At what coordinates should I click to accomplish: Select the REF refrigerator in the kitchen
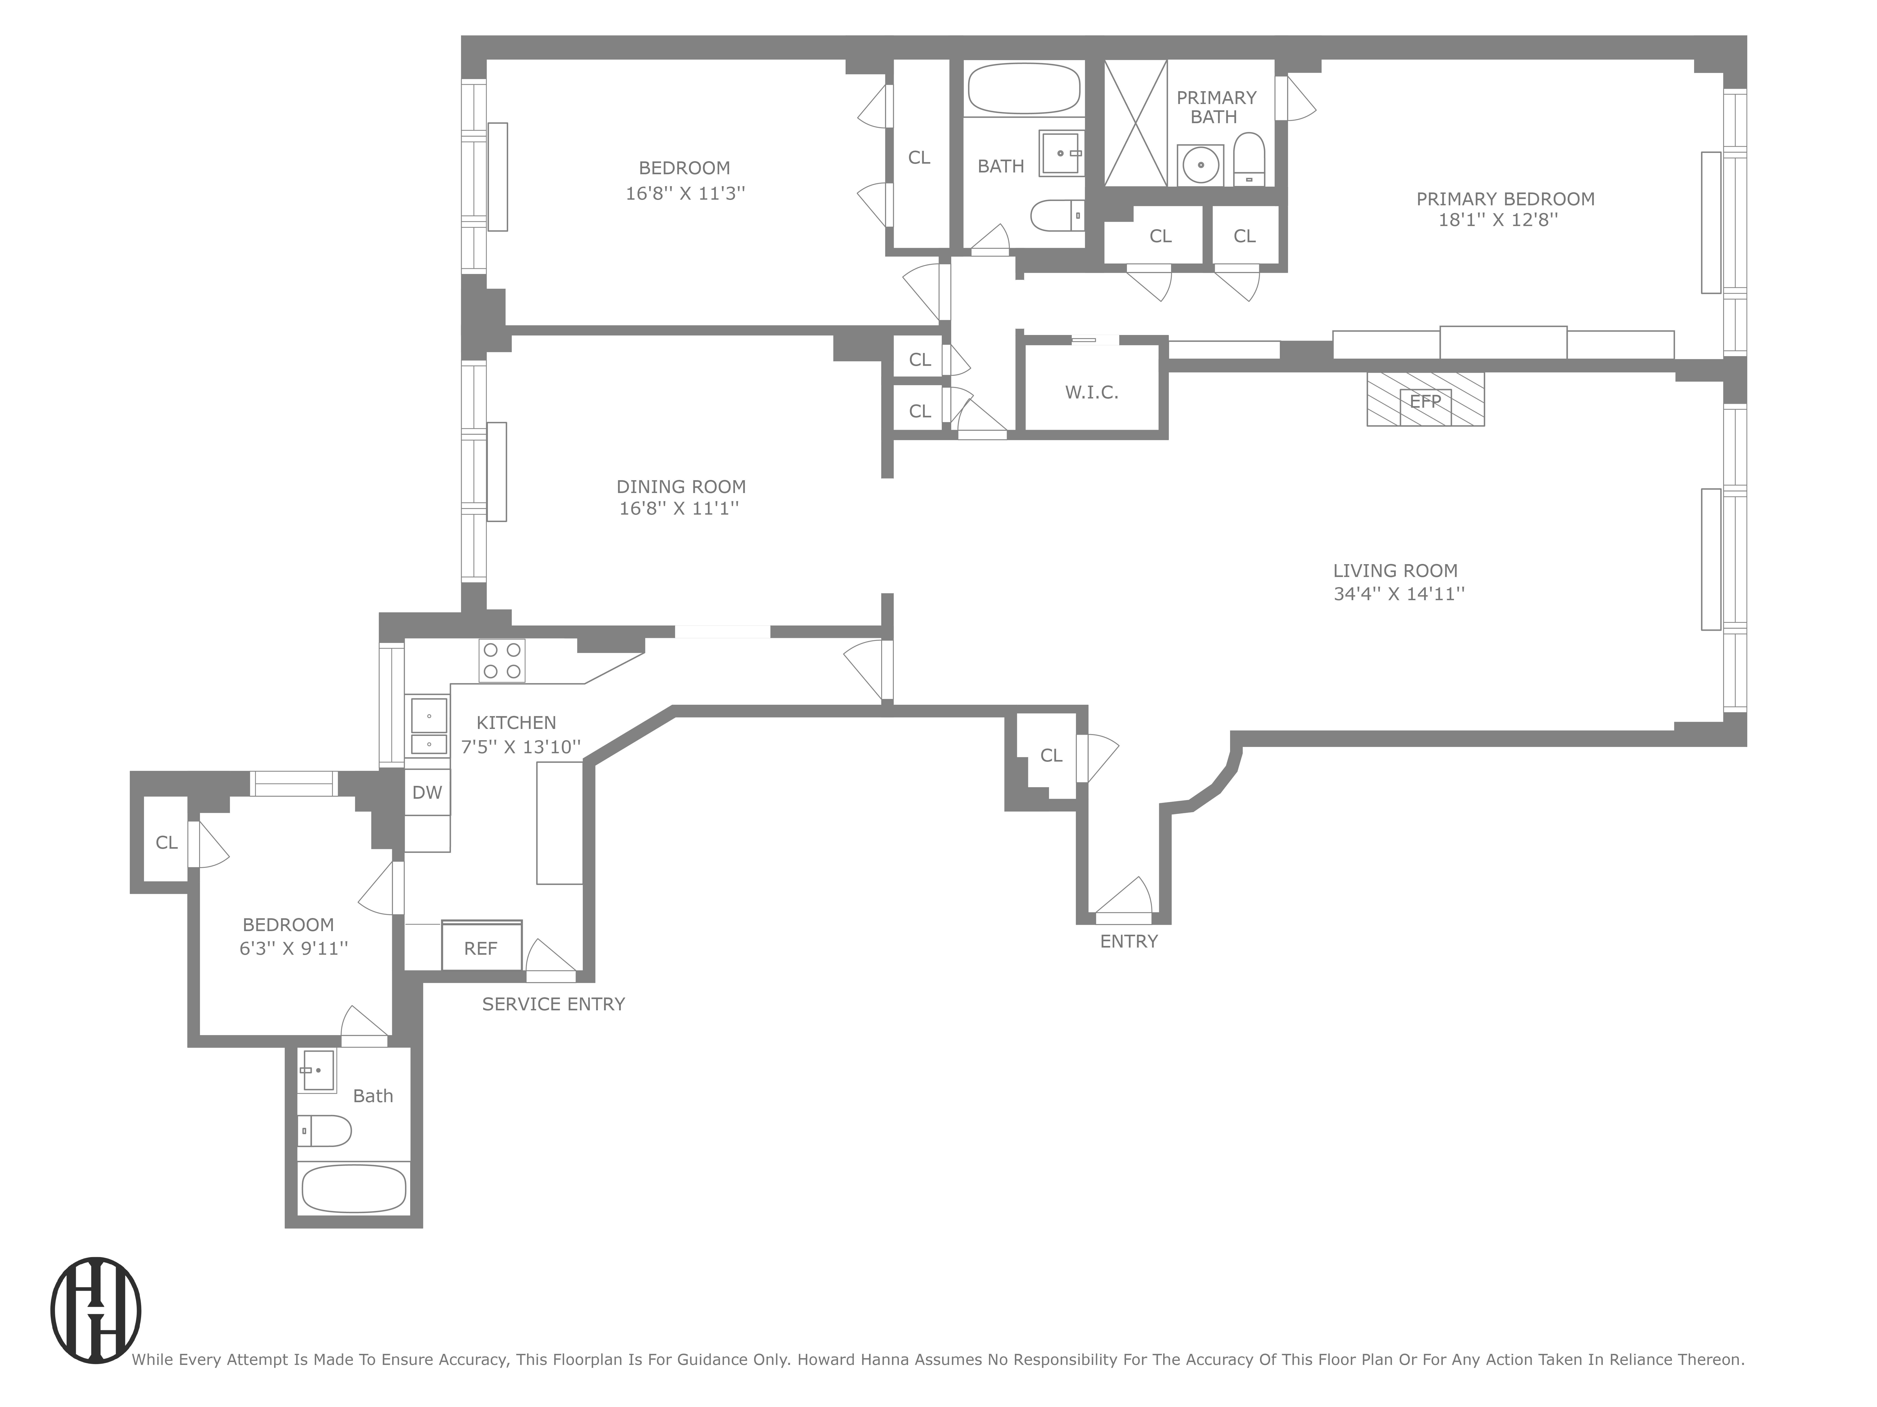pyautogui.click(x=481, y=947)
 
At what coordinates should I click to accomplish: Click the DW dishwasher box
pyautogui.click(x=427, y=792)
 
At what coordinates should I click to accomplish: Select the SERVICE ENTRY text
pyautogui.click(x=553, y=1004)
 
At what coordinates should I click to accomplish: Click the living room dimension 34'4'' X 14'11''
pyautogui.click(x=1398, y=594)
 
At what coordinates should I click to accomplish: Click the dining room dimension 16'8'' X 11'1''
pyautogui.click(x=679, y=509)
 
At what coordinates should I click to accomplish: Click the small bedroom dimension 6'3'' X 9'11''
pyautogui.click(x=293, y=948)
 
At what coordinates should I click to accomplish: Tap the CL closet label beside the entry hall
pyautogui.click(x=1051, y=756)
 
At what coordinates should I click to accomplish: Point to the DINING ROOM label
pyautogui.click(x=680, y=487)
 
